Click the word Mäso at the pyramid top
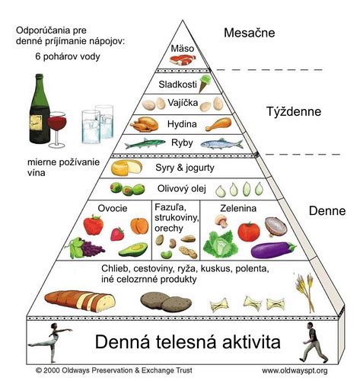pyautogui.click(x=183, y=50)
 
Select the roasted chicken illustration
pyautogui.click(x=145, y=124)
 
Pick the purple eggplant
pyautogui.click(x=274, y=249)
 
